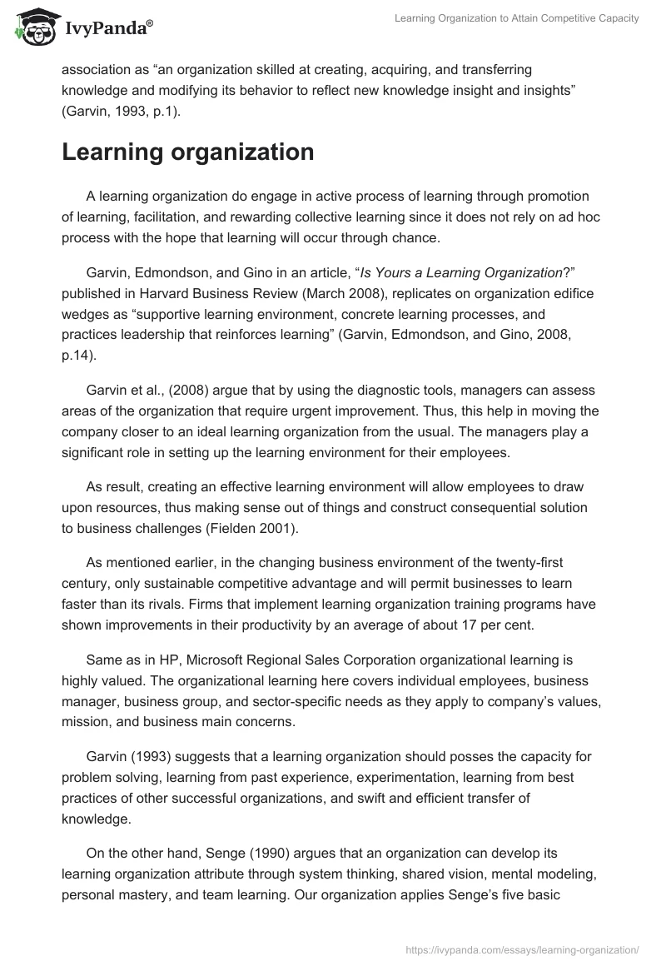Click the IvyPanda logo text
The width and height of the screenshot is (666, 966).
point(107,28)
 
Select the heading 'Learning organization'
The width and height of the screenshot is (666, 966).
point(188,152)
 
